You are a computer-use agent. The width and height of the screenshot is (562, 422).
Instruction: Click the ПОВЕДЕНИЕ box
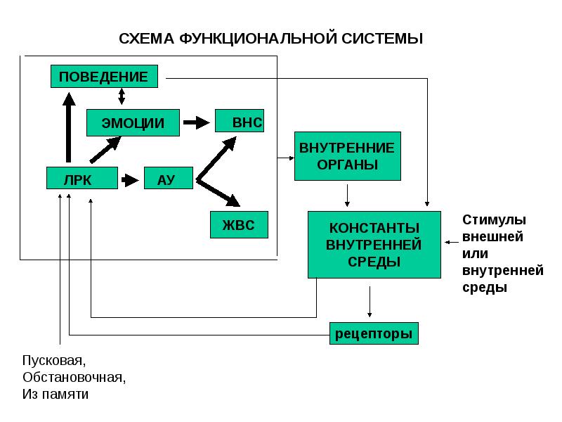click(104, 77)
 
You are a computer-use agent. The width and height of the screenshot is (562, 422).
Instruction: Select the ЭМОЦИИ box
click(133, 122)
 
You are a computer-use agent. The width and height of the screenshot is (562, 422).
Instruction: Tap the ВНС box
click(240, 121)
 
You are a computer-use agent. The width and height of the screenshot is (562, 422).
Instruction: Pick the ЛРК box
click(82, 178)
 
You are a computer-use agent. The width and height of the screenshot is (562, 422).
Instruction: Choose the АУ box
click(169, 178)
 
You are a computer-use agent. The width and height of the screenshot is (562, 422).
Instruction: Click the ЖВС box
click(239, 224)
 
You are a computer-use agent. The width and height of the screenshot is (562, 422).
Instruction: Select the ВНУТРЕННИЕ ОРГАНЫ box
click(348, 156)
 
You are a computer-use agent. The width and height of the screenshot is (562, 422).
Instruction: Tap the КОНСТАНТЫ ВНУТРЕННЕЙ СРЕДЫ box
click(374, 245)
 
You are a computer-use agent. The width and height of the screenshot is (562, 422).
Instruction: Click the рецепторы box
click(374, 333)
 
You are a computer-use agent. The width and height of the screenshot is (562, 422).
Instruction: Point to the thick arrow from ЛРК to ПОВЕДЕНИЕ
click(68, 128)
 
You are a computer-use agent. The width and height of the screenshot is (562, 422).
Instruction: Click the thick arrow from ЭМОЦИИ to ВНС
click(197, 122)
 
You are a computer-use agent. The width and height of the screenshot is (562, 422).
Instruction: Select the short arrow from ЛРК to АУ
click(130, 180)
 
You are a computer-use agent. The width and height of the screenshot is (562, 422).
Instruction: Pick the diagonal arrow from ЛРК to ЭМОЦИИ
click(105, 150)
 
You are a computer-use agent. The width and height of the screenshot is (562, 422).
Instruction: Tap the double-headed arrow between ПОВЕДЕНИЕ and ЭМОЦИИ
click(122, 96)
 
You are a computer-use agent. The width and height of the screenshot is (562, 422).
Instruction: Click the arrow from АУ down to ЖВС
click(218, 192)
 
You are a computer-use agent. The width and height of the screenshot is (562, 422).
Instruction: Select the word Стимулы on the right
click(494, 219)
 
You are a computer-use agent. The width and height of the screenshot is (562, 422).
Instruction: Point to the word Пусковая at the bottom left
click(54, 360)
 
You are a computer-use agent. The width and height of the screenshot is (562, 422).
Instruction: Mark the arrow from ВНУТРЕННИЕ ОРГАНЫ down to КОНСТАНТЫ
click(347, 196)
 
